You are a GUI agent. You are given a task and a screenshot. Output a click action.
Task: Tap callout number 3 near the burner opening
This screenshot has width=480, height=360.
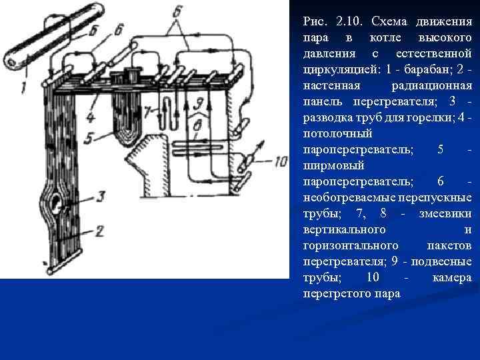tap(99, 196)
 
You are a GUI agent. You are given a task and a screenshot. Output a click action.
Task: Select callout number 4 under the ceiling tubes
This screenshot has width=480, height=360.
tap(91, 118)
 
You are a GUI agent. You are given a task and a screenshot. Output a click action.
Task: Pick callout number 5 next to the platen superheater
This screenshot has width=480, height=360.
tap(89, 139)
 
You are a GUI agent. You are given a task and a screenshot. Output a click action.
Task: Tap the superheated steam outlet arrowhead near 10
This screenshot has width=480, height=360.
tap(259, 143)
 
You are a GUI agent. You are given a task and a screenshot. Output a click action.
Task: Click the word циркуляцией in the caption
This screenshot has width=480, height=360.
tap(337, 69)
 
